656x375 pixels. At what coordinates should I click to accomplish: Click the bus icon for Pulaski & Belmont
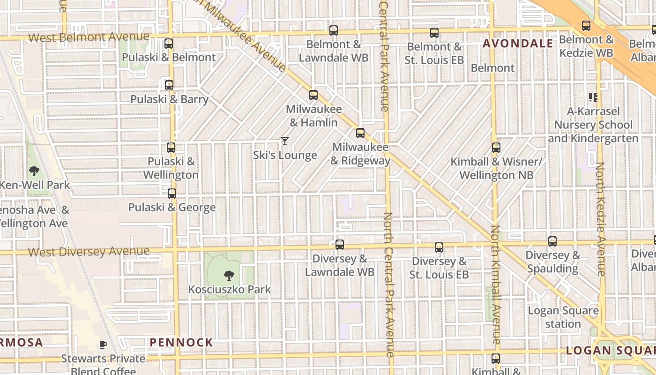169,44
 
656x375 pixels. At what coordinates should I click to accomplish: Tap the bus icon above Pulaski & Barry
169,85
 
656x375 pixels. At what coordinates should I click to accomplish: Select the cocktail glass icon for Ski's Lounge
284,141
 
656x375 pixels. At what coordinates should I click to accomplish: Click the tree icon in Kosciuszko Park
229,275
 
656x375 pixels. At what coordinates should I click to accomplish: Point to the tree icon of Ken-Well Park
34,171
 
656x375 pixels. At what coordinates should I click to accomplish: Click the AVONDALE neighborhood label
518,44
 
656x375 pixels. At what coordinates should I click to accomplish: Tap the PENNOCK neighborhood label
181,343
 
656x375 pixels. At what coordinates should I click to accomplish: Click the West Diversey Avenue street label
89,252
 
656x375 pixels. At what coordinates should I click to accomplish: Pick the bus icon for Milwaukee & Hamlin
313,95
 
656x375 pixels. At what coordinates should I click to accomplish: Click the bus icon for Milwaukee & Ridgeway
360,133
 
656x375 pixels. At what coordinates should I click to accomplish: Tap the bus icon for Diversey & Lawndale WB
340,245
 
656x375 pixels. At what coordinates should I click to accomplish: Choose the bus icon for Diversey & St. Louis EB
439,247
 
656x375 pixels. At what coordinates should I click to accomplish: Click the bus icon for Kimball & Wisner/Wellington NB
496,148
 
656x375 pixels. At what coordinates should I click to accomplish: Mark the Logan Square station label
563,317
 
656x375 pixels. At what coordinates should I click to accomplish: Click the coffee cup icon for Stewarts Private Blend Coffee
103,345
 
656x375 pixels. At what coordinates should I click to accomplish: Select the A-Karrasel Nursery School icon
593,97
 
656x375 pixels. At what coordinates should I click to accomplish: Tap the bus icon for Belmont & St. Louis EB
434,33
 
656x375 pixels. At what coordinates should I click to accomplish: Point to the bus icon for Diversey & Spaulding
552,241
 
